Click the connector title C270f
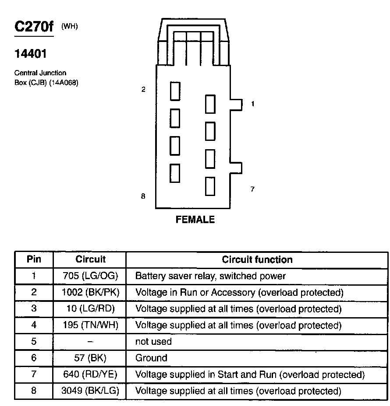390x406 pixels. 34,27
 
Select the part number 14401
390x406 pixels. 30,54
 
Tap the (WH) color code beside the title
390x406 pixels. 69,26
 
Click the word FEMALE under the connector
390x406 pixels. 195,220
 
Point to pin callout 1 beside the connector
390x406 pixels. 252,104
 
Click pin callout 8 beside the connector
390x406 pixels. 143,196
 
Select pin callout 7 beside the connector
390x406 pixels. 252,189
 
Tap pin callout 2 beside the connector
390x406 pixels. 143,90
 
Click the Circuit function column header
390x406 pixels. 257,259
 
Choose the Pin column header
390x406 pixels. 34,259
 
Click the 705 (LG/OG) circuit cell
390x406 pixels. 89,276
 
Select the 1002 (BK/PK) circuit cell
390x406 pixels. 89,292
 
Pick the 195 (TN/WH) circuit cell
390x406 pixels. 89,325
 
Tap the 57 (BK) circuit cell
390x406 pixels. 89,358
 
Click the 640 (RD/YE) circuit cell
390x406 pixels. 89,374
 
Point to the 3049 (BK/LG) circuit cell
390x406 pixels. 89,391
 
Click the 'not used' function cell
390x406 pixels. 153,341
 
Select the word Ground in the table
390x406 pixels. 151,358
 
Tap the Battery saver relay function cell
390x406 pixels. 210,276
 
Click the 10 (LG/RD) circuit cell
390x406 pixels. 89,309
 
